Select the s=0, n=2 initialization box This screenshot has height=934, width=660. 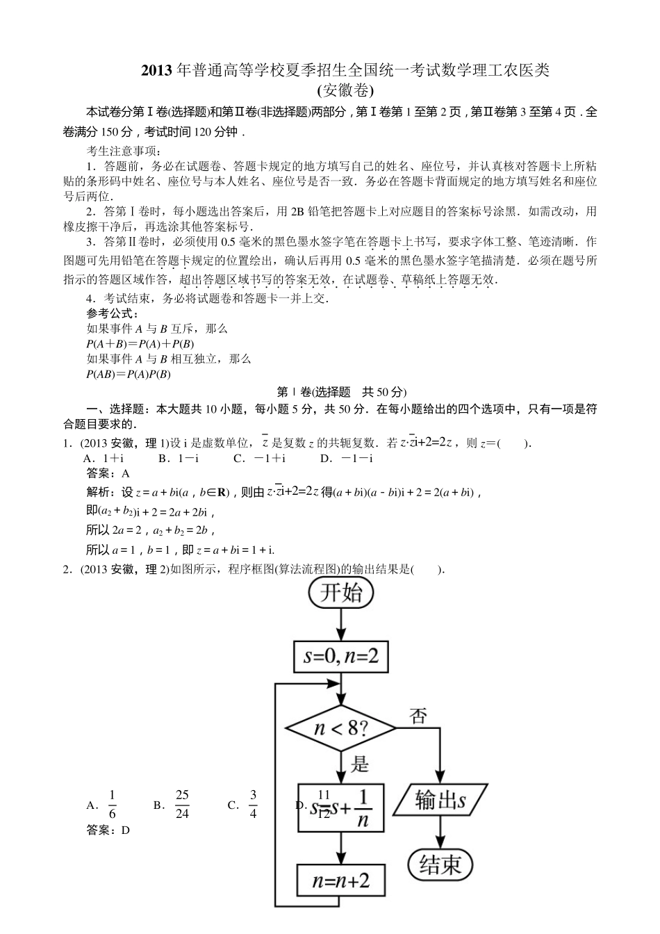click(340, 656)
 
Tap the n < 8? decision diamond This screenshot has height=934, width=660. click(340, 728)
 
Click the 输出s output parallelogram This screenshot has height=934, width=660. click(440, 801)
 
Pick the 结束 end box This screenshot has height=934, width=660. click(440, 865)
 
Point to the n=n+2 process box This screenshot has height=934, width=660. click(340, 882)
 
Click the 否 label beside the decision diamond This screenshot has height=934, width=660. click(419, 716)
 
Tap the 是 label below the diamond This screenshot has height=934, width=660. click(360, 765)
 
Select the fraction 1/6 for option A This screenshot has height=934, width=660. click(113, 805)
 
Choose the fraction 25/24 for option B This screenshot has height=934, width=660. click(182, 805)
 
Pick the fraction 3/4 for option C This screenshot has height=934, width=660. click(253, 805)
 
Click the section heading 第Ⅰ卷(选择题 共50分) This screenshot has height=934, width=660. click(340, 392)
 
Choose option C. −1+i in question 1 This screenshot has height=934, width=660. click(260, 458)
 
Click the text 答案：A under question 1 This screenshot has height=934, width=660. click(108, 473)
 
